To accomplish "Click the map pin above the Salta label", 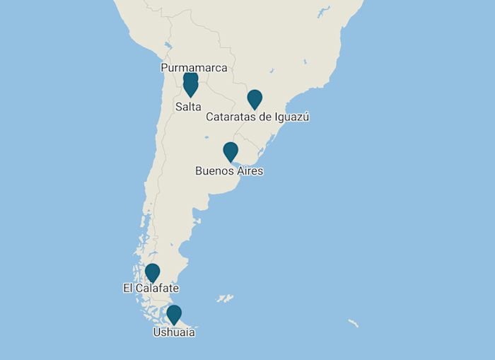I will [x=190, y=86].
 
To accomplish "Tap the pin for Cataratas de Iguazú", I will [x=255, y=99].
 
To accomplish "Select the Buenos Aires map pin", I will [x=231, y=151].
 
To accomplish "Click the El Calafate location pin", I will [x=152, y=272].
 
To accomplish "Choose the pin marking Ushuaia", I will [x=174, y=314].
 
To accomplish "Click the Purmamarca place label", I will [x=194, y=68].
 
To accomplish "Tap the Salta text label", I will [x=188, y=107].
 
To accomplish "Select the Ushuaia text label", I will [x=174, y=332].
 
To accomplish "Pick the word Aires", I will [x=249, y=171].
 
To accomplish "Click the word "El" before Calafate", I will [x=128, y=289].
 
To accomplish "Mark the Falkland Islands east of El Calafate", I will [x=225, y=298].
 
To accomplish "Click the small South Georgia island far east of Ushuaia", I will [x=353, y=323].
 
